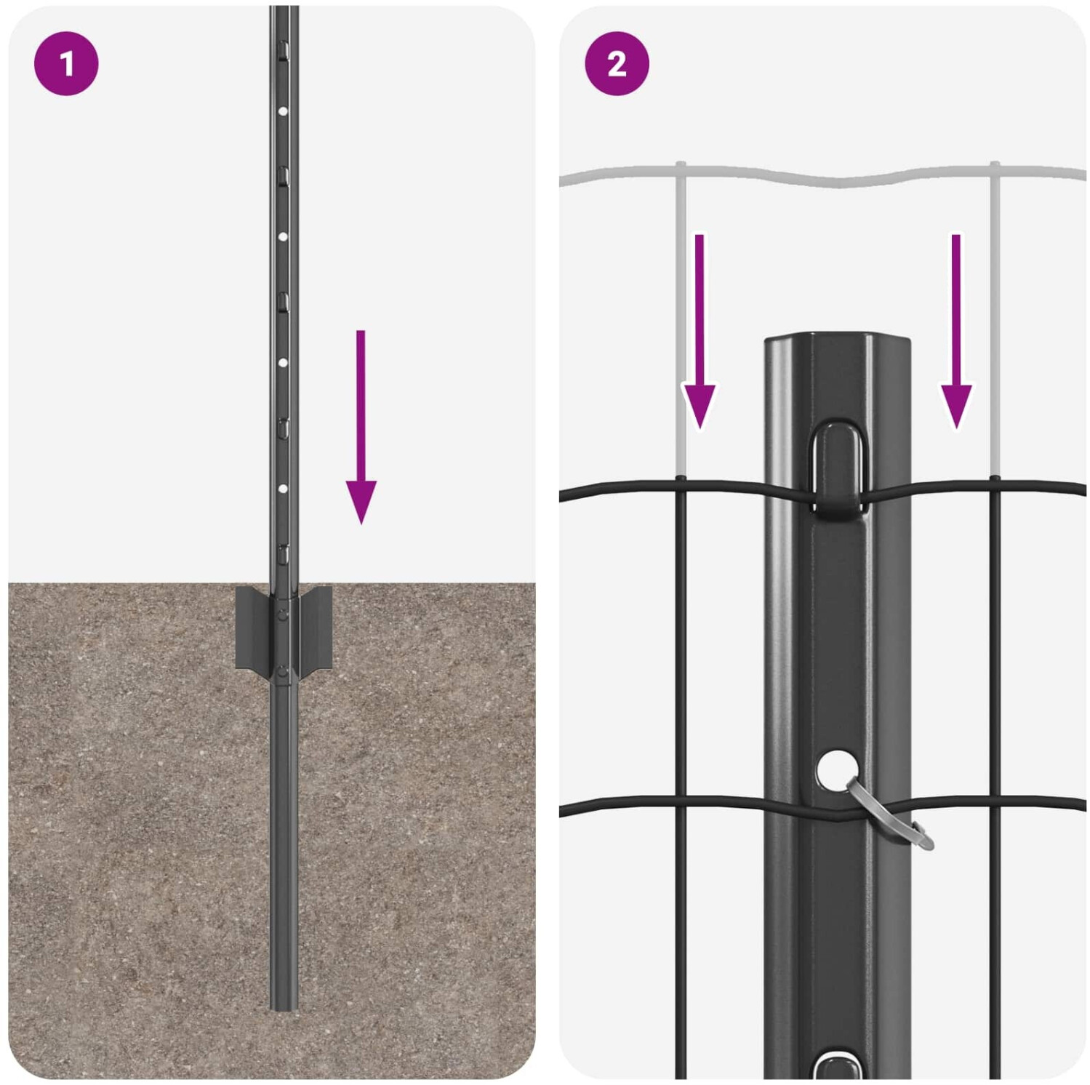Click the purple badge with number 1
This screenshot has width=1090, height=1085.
[66, 64]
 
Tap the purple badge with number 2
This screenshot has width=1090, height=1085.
[617, 64]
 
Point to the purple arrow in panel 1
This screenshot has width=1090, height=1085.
[361, 427]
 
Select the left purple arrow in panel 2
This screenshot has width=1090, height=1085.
[699, 331]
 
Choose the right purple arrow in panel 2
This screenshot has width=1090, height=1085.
[956, 331]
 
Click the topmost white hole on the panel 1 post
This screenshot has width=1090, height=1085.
[283, 111]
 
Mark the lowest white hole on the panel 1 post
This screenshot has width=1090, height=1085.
[283, 489]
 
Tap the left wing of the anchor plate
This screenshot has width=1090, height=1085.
[253, 628]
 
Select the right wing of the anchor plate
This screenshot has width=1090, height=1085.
[314, 628]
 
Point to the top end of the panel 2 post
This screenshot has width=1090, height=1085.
[837, 337]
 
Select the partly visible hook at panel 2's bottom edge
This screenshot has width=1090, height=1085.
[837, 1065]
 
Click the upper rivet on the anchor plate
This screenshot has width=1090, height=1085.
[282, 614]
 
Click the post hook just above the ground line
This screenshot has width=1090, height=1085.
[284, 553]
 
